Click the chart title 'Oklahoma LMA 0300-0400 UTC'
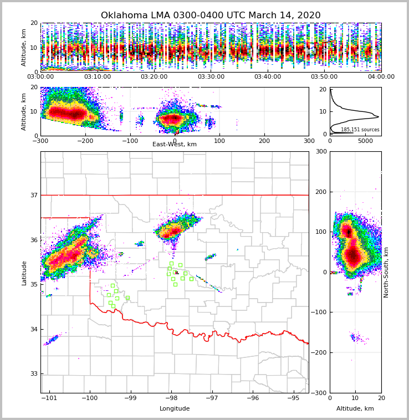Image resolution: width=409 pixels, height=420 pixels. click(210, 16)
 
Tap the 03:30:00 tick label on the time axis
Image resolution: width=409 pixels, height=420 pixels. click(211, 77)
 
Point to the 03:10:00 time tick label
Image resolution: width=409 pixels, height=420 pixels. click(97, 77)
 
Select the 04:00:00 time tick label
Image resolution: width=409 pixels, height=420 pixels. click(381, 77)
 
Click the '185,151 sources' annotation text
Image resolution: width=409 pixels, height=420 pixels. click(360, 130)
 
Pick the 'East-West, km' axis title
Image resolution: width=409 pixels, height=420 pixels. click(175, 145)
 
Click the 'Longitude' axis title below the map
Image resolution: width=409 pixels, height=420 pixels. click(175, 409)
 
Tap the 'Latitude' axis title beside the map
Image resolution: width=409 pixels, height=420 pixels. click(24, 273)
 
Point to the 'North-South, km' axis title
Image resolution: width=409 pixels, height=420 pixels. click(386, 273)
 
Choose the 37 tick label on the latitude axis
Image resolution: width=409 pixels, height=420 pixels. click(33, 195)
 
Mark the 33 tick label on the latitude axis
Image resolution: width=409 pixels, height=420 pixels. click(33, 374)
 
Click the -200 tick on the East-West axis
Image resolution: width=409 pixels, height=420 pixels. click(85, 141)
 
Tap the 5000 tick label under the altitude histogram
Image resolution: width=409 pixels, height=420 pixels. click(366, 141)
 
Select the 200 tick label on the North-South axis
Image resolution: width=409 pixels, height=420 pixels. click(321, 192)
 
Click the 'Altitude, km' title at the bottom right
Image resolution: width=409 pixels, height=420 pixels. click(355, 409)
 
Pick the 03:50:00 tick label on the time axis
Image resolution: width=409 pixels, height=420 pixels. click(324, 77)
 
